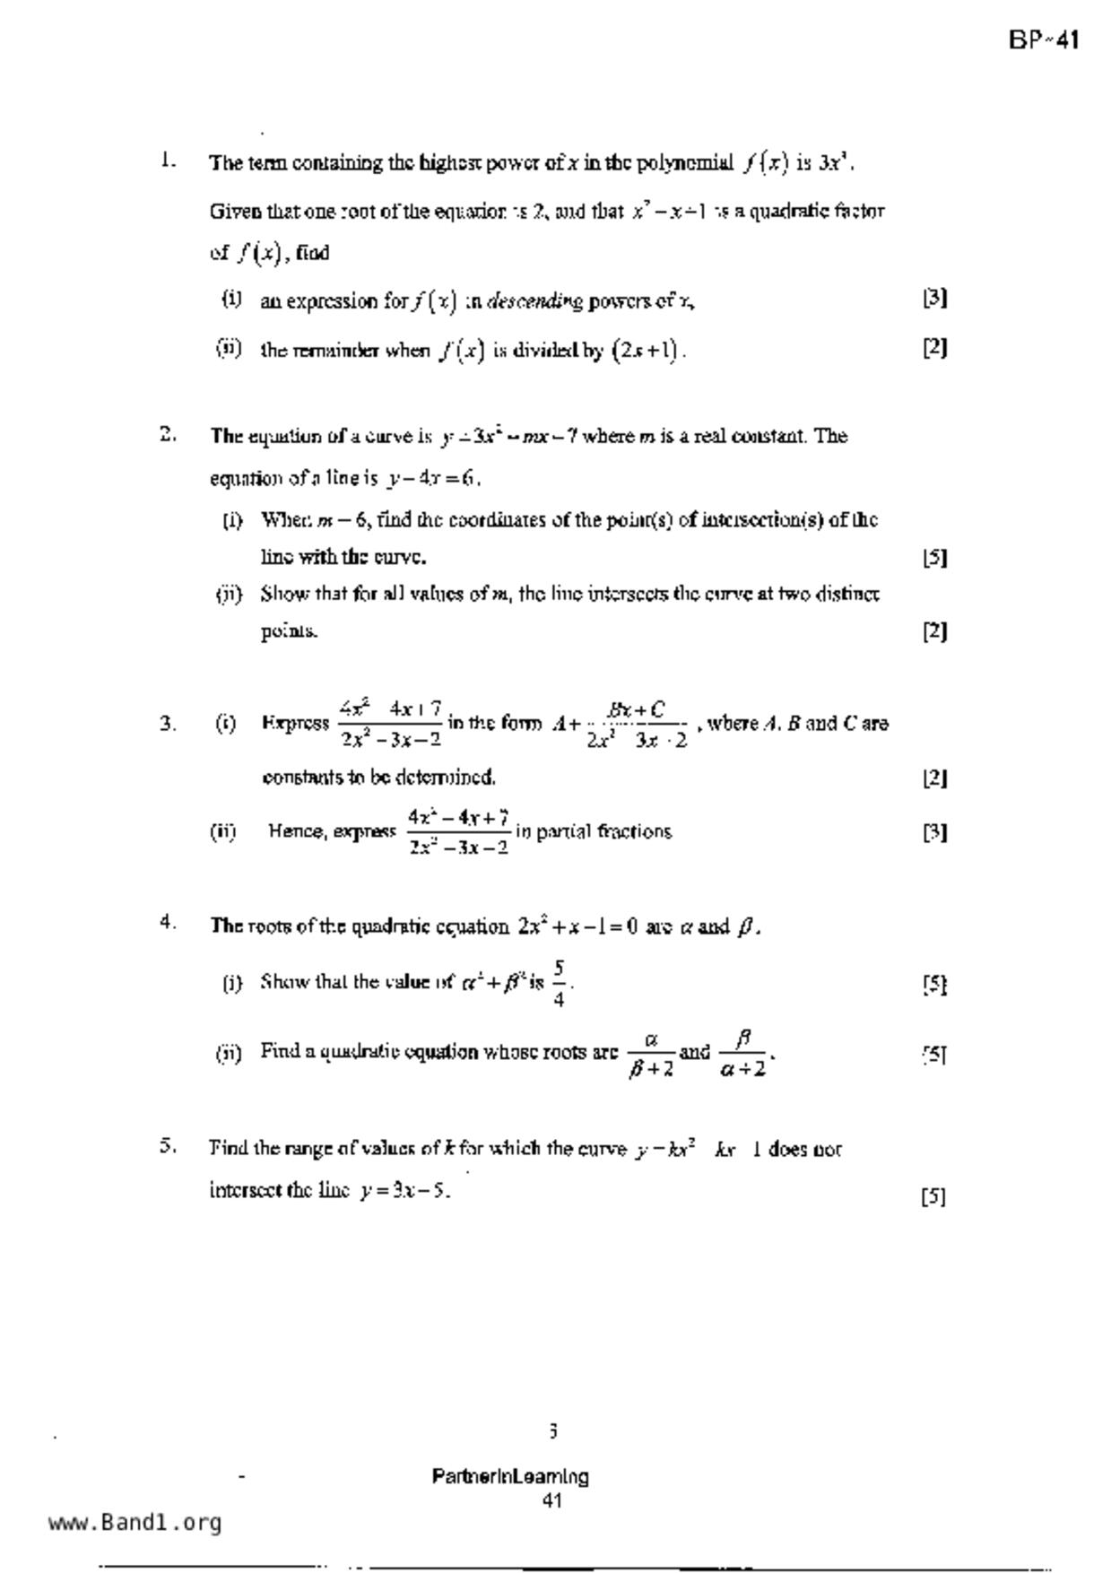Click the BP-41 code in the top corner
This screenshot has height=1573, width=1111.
(1043, 40)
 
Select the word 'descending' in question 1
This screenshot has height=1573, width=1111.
(534, 302)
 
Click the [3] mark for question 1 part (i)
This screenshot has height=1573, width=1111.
(934, 298)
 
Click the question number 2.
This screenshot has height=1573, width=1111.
(167, 435)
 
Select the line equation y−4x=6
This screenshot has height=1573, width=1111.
(432, 479)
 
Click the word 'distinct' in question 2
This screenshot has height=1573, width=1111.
(846, 594)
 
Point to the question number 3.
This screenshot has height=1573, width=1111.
(167, 724)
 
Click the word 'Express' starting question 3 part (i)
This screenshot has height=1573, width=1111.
(295, 724)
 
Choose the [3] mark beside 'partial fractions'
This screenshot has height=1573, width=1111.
(934, 832)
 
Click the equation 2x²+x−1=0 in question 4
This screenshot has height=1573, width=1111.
(577, 926)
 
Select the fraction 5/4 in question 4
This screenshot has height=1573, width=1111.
(559, 983)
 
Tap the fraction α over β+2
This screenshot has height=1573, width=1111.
(651, 1054)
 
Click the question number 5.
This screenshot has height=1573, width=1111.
(167, 1146)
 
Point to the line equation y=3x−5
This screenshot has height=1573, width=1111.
(404, 1191)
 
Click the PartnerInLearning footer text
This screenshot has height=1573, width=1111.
(510, 1476)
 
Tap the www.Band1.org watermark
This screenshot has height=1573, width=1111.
(135, 1523)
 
